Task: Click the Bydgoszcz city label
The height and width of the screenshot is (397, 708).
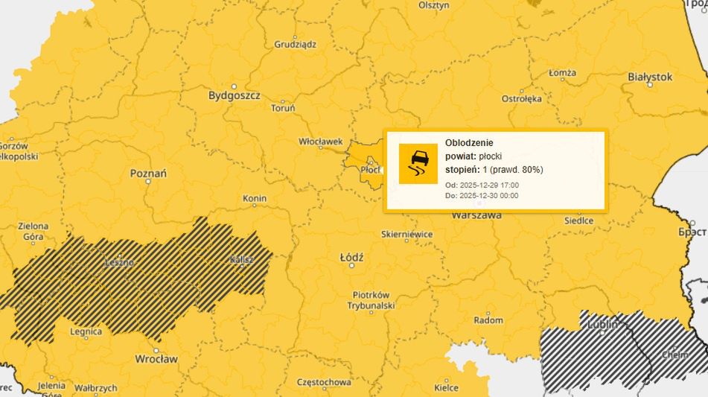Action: click(233, 95)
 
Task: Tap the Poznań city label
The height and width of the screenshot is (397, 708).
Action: click(148, 173)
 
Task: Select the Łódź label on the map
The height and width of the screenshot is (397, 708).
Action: click(351, 258)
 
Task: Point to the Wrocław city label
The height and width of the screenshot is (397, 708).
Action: click(156, 359)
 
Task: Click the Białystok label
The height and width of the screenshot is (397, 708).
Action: click(649, 77)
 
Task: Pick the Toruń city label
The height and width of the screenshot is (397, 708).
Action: click(283, 109)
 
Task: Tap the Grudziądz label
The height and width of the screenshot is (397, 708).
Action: click(295, 45)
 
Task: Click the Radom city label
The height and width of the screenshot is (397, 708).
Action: click(488, 320)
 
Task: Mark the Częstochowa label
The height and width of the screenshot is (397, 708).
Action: click(323, 382)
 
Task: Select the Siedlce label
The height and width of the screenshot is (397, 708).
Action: click(578, 220)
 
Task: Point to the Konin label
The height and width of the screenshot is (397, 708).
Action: click(255, 199)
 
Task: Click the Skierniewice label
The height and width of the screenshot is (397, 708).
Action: click(406, 234)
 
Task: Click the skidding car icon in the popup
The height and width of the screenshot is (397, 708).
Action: click(418, 163)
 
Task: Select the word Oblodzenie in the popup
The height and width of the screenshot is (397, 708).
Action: click(469, 142)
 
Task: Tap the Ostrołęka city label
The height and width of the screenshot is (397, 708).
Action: click(521, 98)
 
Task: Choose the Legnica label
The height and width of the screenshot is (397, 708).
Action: click(86, 331)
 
